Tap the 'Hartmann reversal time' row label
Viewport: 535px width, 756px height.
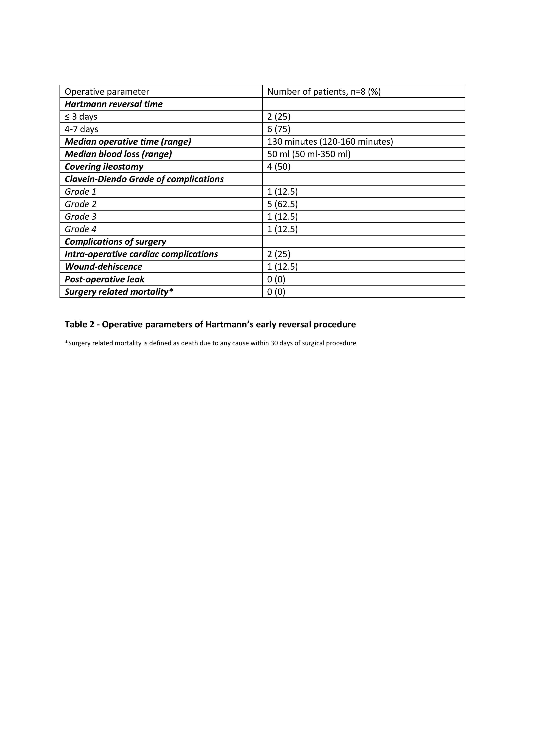113,104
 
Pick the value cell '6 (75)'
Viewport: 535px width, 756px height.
278,129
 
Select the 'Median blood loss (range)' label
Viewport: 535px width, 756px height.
118,154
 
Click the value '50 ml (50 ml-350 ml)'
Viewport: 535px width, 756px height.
309,154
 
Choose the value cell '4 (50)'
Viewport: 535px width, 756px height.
278,167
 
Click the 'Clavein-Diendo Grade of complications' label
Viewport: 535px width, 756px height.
144,179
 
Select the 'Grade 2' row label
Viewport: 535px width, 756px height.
80,204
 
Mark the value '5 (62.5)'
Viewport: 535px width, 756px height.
282,204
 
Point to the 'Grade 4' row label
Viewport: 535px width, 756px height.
80,229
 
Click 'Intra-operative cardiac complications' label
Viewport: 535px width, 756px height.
141,254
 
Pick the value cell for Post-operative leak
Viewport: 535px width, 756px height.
276,279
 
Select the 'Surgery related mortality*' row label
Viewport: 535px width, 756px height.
119,292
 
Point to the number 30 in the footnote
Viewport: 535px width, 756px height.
274,343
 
